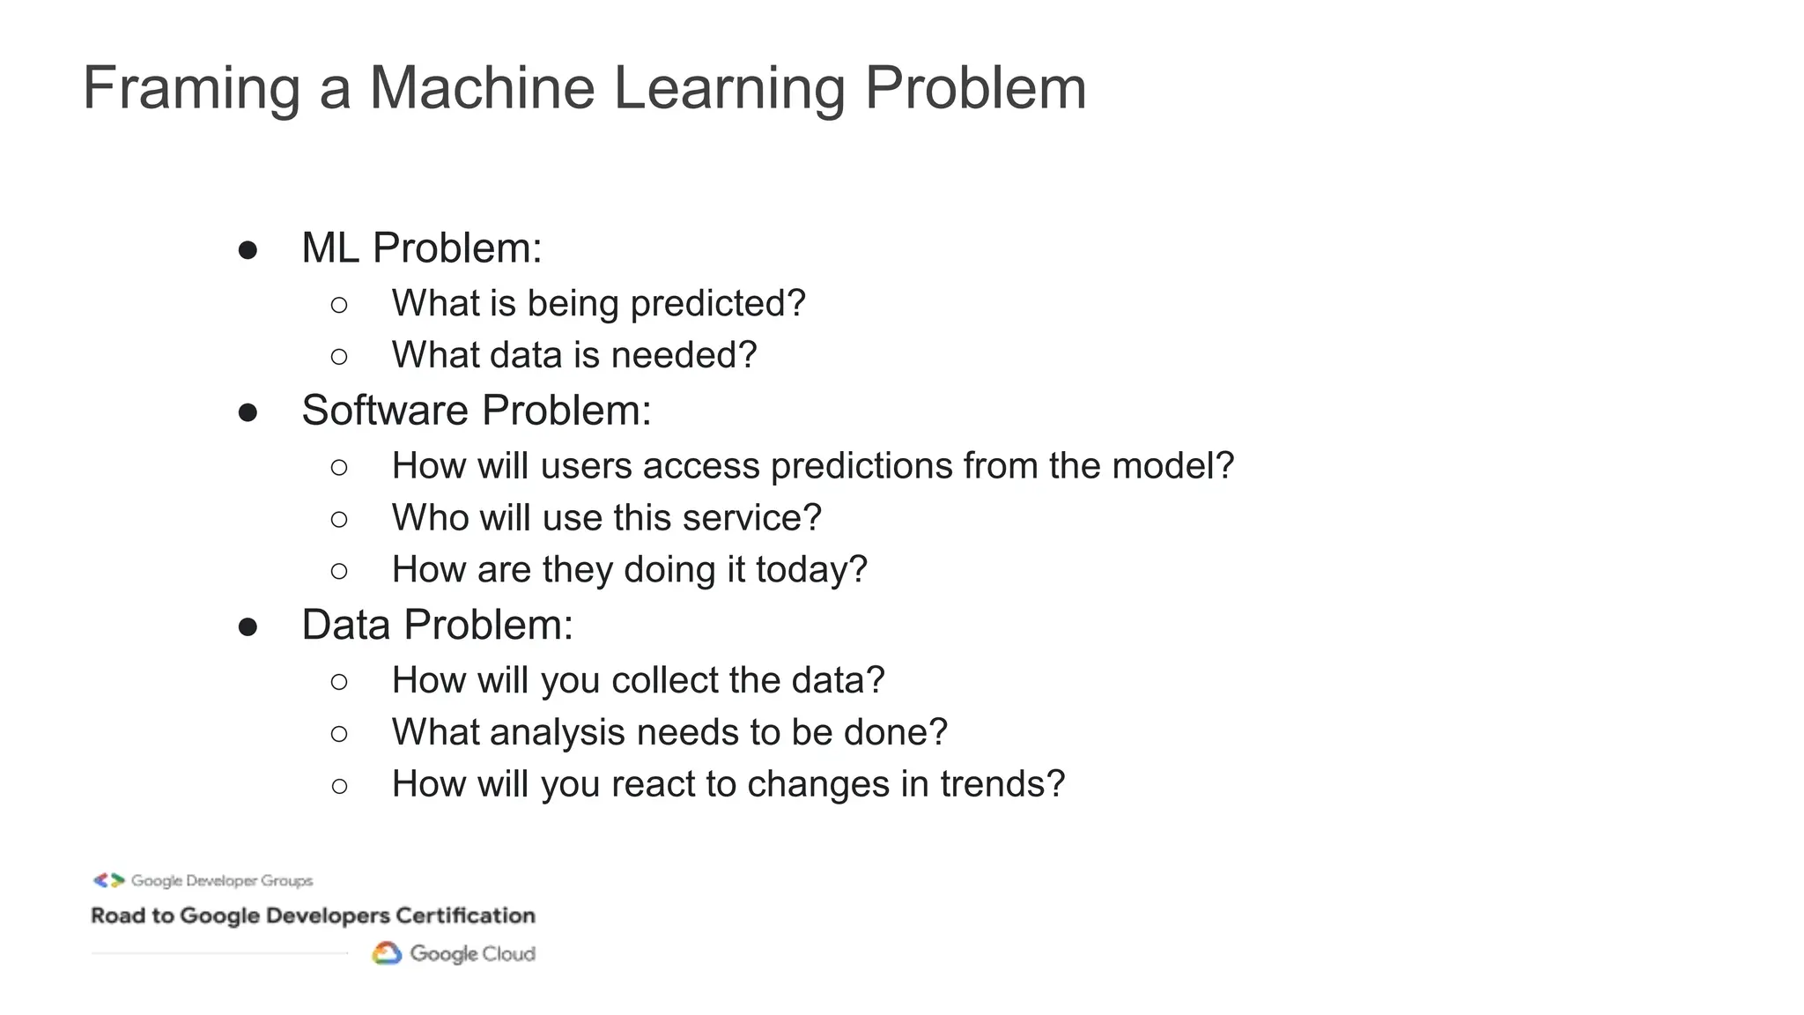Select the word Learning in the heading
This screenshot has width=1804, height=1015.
[x=728, y=89]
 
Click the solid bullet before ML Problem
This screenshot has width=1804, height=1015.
[x=248, y=250]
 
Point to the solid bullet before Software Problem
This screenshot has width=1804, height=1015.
[x=248, y=412]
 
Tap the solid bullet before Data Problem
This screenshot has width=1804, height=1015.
[x=248, y=627]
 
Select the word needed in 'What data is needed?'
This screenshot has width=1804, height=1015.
[x=684, y=355]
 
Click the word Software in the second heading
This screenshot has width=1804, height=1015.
[x=385, y=411]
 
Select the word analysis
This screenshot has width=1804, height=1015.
[x=557, y=733]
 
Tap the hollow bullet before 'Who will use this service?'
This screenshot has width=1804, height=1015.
[x=339, y=520]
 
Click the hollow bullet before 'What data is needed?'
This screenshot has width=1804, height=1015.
[x=339, y=357]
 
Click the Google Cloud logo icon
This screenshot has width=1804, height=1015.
[x=387, y=953]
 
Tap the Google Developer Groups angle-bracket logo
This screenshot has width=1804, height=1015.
[x=109, y=880]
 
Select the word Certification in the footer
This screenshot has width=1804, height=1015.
[x=465, y=916]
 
